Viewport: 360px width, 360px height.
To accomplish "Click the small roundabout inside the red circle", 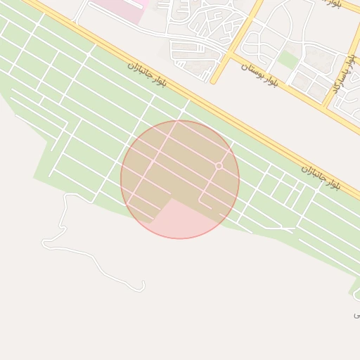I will tap(219, 166).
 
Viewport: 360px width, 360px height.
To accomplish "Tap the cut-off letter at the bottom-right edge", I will tap(356, 315).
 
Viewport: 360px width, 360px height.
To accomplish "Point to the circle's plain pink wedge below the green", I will tap(184, 221).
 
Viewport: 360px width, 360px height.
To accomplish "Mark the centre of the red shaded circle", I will tap(180, 180).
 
